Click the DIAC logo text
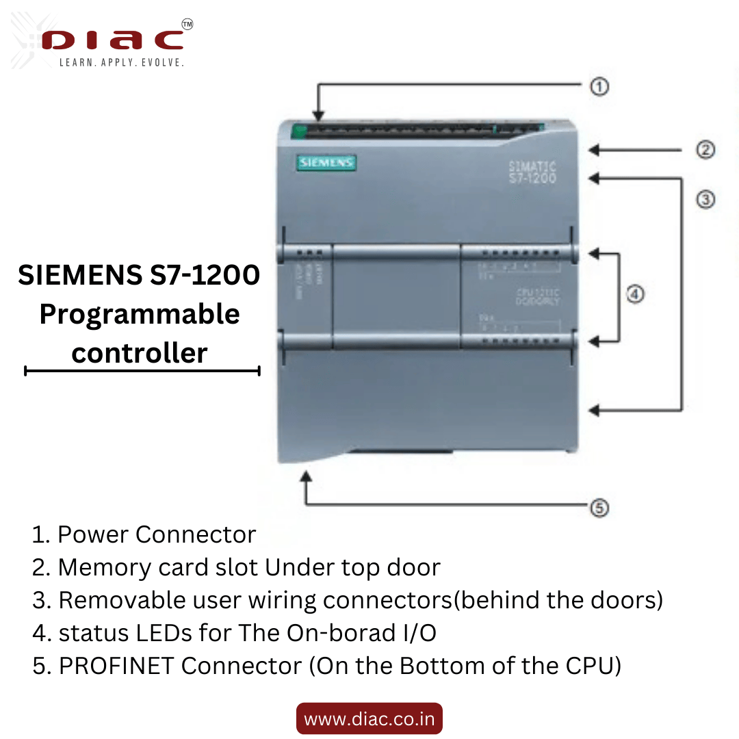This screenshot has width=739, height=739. click(x=113, y=39)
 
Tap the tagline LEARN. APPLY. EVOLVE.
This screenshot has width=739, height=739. click(x=122, y=63)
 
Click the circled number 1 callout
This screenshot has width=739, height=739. click(x=599, y=86)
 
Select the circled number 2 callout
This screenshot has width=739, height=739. click(x=705, y=150)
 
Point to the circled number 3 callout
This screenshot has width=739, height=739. click(x=705, y=200)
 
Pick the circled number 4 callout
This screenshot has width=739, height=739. click(x=635, y=294)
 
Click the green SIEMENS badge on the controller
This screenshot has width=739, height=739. click(x=326, y=163)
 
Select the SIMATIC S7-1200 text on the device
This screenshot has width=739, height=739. click(x=533, y=172)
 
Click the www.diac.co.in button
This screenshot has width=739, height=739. click(x=369, y=719)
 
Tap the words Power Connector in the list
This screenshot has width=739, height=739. click(x=157, y=534)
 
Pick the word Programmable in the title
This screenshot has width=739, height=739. click(x=140, y=314)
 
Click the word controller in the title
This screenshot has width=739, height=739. click(x=140, y=353)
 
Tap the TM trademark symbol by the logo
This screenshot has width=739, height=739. click(x=187, y=24)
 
